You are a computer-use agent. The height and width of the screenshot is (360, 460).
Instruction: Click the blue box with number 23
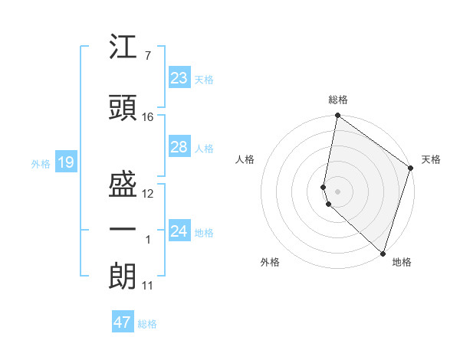(179, 78)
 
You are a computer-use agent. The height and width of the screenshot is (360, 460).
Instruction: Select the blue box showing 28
(179, 147)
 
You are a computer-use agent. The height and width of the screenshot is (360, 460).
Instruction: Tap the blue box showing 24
(179, 231)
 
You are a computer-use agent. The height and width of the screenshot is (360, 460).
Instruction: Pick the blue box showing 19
(65, 162)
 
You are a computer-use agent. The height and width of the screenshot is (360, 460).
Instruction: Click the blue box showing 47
(123, 322)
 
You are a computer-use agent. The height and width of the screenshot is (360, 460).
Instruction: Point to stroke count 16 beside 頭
(148, 116)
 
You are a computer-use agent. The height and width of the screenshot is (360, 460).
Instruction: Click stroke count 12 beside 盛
(148, 194)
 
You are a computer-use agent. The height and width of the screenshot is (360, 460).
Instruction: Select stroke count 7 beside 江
(147, 55)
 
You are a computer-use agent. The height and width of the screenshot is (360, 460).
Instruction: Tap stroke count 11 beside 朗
(147, 286)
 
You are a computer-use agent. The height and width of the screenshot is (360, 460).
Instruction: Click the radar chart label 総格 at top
(338, 100)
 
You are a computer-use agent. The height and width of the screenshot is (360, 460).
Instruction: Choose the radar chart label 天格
(431, 159)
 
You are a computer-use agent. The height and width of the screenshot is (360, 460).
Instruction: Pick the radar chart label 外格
(270, 262)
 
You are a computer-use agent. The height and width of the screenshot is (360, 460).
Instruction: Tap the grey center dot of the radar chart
(338, 191)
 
